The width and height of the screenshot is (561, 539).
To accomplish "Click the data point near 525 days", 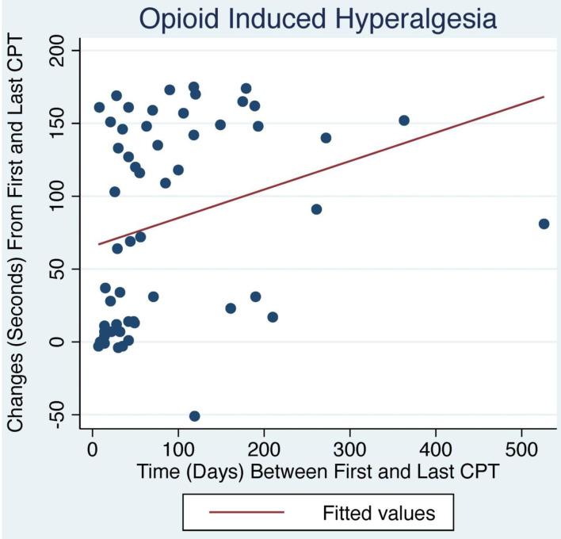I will [544, 224].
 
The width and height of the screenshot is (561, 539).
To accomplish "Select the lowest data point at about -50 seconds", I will [194, 416].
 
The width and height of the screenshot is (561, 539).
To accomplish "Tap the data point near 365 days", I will [404, 120].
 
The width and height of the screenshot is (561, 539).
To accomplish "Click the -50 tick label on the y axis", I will [66, 415].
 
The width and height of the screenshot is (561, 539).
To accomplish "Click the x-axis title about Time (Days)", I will [318, 472].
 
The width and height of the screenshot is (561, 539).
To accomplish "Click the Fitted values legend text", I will [379, 512].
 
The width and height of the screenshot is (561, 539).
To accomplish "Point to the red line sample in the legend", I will [246, 512].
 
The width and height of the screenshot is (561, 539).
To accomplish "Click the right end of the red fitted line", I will [544, 97].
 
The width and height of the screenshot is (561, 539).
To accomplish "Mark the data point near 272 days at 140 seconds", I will [326, 138].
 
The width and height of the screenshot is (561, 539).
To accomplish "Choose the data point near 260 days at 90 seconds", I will [316, 209].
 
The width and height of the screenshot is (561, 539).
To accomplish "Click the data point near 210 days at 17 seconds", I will [273, 317].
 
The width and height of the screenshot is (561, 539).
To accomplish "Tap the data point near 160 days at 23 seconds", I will [231, 308].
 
